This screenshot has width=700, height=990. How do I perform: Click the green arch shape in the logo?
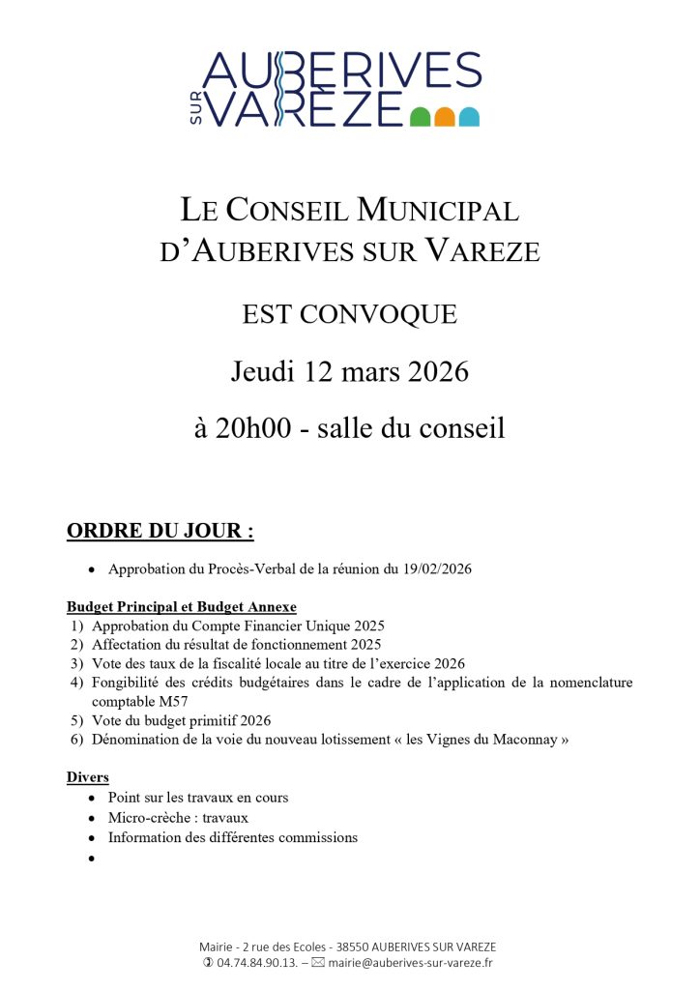[420, 117]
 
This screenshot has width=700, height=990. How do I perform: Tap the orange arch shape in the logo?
[445, 117]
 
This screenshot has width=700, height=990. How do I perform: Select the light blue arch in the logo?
[470, 117]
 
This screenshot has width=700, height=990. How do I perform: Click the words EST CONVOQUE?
[349, 315]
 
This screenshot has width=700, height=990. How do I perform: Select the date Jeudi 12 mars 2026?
[349, 371]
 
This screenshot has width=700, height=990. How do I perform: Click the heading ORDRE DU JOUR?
[160, 531]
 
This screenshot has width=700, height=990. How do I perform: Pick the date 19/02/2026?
[437, 569]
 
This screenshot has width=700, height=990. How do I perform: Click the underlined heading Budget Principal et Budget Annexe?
[182, 607]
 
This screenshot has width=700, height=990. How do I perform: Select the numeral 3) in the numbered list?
[76, 663]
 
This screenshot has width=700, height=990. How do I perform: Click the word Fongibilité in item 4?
[130, 683]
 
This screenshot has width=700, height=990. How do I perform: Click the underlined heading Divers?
[87, 777]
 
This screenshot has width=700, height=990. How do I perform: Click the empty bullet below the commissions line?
[91, 858]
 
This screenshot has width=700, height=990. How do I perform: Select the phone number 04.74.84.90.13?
[255, 963]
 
